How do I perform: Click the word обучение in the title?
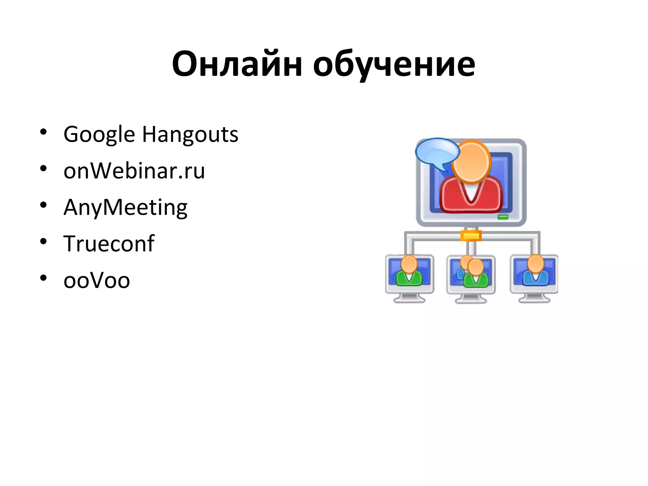point(394,65)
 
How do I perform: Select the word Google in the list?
point(99,134)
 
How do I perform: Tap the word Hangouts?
point(190,134)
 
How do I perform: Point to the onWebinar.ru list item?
point(134,171)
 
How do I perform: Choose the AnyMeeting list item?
point(125,208)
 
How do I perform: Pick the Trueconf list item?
point(109,244)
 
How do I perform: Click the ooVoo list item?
point(97,280)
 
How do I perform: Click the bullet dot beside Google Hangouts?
point(43,132)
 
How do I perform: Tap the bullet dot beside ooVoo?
point(43,278)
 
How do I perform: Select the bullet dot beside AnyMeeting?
point(43,205)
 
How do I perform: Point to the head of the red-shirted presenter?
point(471,161)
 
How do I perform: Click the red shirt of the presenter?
point(471,196)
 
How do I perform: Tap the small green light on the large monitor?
point(503,217)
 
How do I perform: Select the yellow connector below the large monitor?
point(471,236)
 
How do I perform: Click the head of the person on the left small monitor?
point(409,264)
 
